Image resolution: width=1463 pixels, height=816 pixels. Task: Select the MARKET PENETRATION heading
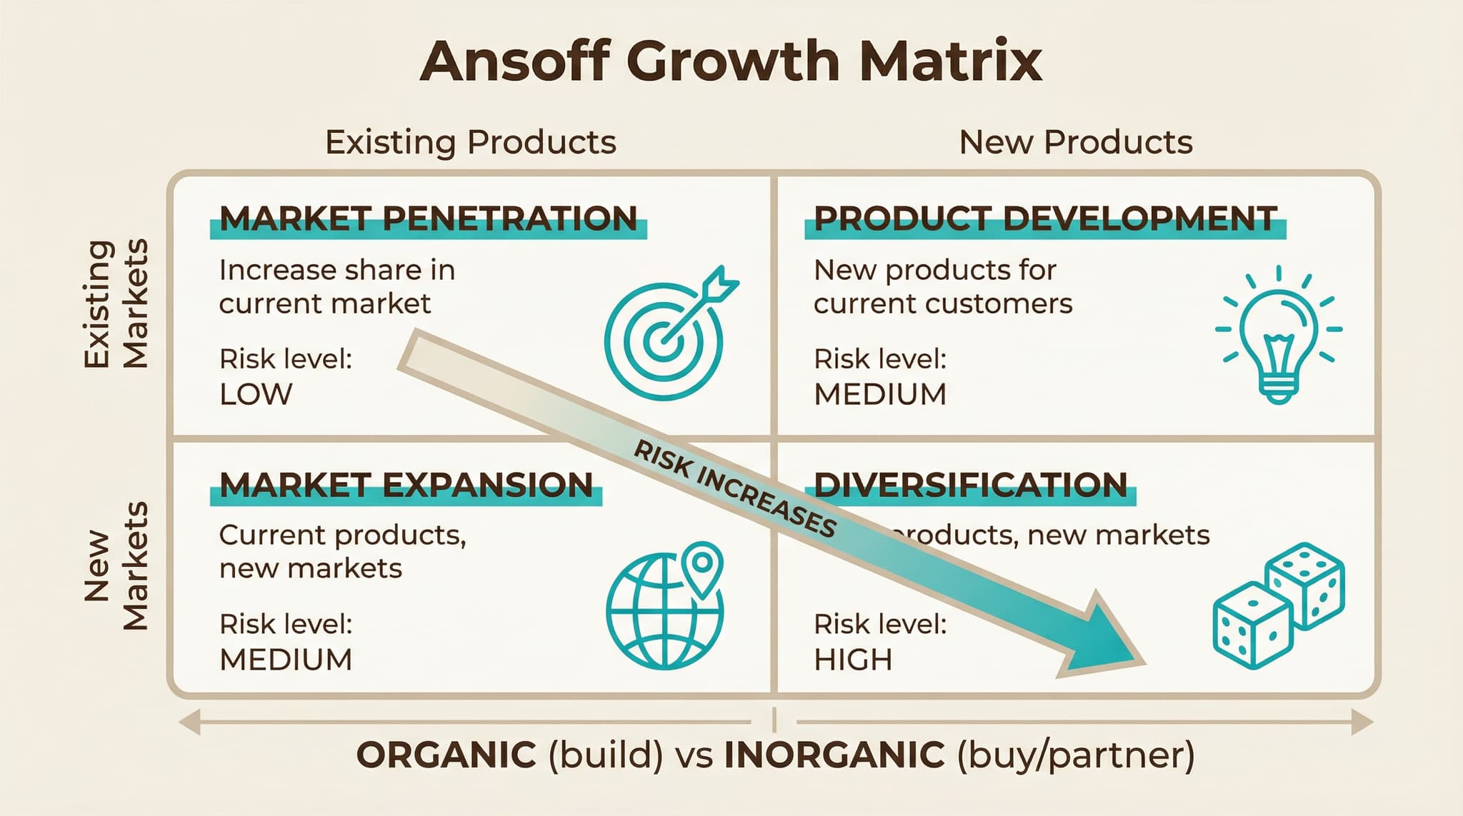pyautogui.click(x=428, y=218)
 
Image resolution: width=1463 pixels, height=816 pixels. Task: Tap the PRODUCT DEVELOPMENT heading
pyautogui.click(x=1045, y=218)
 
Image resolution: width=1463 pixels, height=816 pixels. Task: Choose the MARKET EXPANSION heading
pyautogui.click(x=406, y=485)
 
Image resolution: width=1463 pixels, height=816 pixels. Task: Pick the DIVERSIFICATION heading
pyautogui.click(x=970, y=485)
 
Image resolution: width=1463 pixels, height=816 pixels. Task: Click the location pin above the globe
pyautogui.click(x=702, y=564)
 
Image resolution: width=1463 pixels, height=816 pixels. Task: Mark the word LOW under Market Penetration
pyautogui.click(x=256, y=394)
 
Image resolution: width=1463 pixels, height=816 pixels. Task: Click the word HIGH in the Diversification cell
pyautogui.click(x=853, y=660)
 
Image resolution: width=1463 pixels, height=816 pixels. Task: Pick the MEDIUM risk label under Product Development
pyautogui.click(x=880, y=394)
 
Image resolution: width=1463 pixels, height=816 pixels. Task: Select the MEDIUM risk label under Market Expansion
pyautogui.click(x=286, y=660)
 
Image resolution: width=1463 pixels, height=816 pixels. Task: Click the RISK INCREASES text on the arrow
pyautogui.click(x=736, y=490)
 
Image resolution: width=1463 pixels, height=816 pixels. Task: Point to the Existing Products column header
pyautogui.click(x=470, y=142)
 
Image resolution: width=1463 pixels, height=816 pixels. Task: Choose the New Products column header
pyautogui.click(x=1076, y=142)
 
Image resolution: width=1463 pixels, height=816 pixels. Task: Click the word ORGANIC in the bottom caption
pyautogui.click(x=446, y=755)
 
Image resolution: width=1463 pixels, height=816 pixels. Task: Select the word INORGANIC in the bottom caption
pyautogui.click(x=834, y=755)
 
